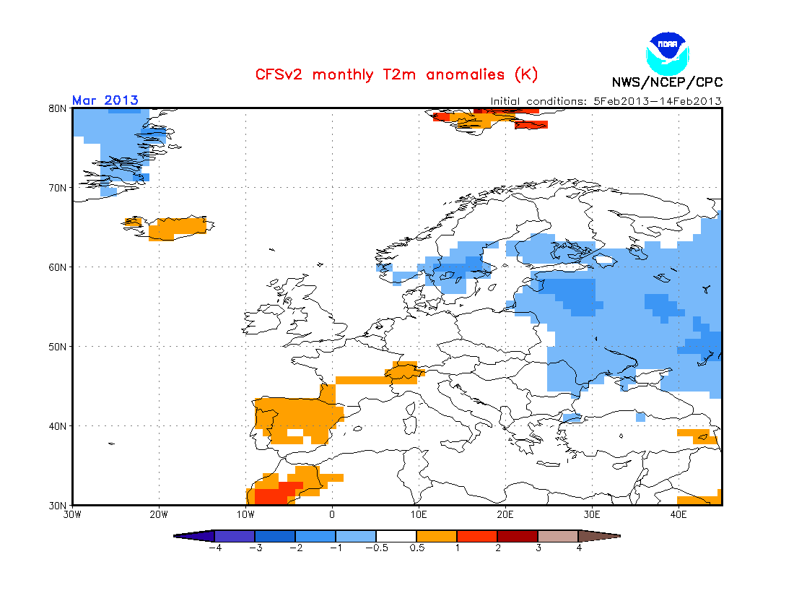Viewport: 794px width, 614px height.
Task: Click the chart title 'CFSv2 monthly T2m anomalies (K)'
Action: tap(396, 74)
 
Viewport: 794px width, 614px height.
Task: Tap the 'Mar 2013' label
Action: tap(105, 100)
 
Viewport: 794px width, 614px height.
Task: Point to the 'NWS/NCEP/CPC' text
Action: tap(667, 82)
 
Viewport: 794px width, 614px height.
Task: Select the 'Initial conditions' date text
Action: tap(606, 101)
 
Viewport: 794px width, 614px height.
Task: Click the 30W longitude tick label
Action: tap(72, 514)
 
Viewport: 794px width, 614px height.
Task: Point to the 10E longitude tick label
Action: tap(419, 514)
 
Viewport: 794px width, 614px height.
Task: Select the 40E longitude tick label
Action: tap(679, 514)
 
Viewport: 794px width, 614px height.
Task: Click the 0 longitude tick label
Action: tap(332, 514)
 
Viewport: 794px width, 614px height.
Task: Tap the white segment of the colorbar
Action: tap(396, 536)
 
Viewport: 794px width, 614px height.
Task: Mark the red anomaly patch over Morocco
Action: tap(271, 495)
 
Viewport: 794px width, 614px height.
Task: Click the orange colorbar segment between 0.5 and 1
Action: tap(437, 536)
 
